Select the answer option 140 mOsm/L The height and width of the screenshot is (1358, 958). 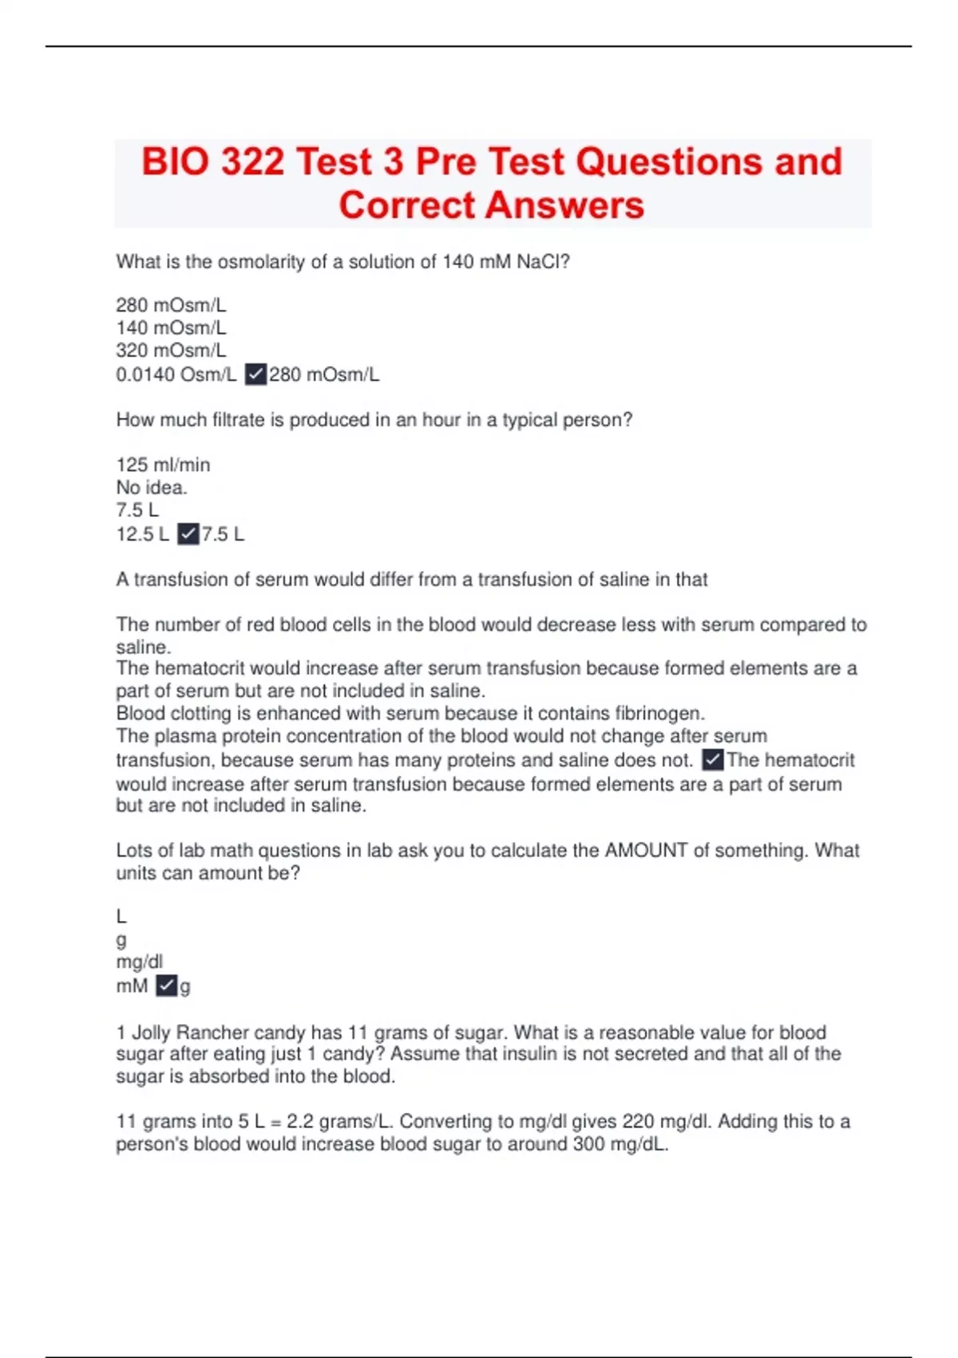pyautogui.click(x=171, y=328)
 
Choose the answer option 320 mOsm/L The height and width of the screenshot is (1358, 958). pyautogui.click(x=171, y=350)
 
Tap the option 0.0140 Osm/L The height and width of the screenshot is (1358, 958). pyautogui.click(x=176, y=375)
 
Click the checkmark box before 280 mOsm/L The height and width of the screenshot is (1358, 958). pyautogui.click(x=255, y=374)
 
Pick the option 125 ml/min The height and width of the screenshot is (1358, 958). pyautogui.click(x=163, y=465)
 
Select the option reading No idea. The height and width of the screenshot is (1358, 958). pyautogui.click(x=152, y=487)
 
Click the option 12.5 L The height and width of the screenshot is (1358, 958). pyautogui.click(x=142, y=534)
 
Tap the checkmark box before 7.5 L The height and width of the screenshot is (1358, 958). pyautogui.click(x=188, y=534)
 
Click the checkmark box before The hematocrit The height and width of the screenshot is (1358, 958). pyautogui.click(x=713, y=759)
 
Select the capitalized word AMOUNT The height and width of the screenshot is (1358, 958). pyautogui.click(x=646, y=850)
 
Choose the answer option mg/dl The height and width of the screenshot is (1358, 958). pyautogui.click(x=139, y=962)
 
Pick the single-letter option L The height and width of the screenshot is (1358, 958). pyautogui.click(x=121, y=916)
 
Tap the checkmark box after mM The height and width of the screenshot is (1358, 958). pyautogui.click(x=166, y=986)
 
